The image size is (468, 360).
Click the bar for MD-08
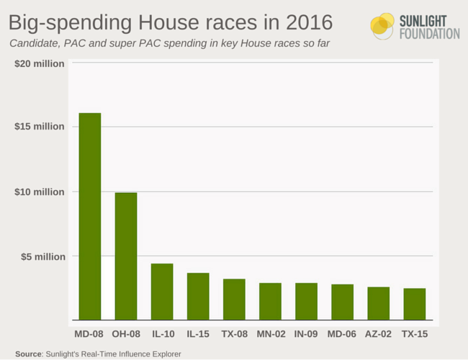tap(90, 216)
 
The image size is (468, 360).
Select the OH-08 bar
tap(126, 256)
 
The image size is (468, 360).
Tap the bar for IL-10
tap(162, 292)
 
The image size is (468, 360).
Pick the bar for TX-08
tap(234, 299)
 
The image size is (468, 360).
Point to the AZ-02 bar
tap(378, 303)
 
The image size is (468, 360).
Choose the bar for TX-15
tap(414, 304)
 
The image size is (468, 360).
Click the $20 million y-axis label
tap(40, 63)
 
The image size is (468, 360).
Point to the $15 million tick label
tap(40, 127)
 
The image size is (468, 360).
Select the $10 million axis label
tap(40, 192)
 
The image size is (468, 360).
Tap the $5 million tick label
tap(42, 256)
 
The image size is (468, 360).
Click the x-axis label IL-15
tap(198, 335)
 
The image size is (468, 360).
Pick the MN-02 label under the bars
tap(271, 335)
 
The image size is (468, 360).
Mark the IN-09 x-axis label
tap(306, 335)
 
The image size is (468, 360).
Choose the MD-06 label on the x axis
tap(342, 335)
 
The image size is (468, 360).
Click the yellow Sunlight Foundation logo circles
tap(382, 26)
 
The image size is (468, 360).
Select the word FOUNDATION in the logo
tap(429, 33)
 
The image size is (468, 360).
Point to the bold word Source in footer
tap(28, 354)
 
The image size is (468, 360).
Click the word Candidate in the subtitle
tap(32, 44)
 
